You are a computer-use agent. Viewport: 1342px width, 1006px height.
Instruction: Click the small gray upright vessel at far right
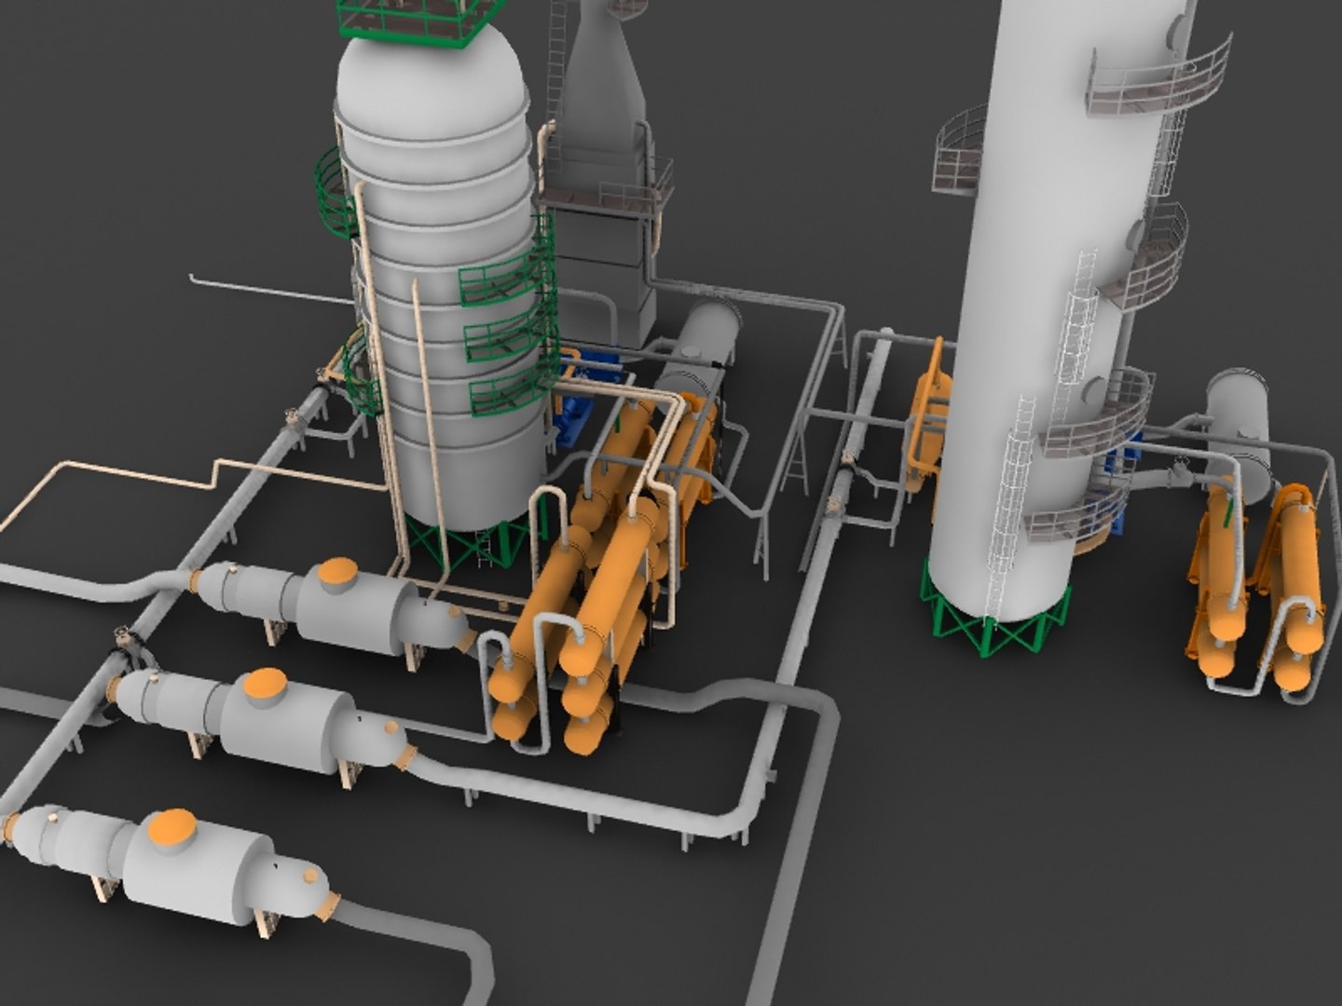click(1239, 419)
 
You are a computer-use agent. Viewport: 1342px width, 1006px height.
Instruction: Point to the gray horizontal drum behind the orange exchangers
click(699, 354)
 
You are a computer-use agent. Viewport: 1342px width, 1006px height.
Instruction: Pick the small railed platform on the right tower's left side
click(960, 154)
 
